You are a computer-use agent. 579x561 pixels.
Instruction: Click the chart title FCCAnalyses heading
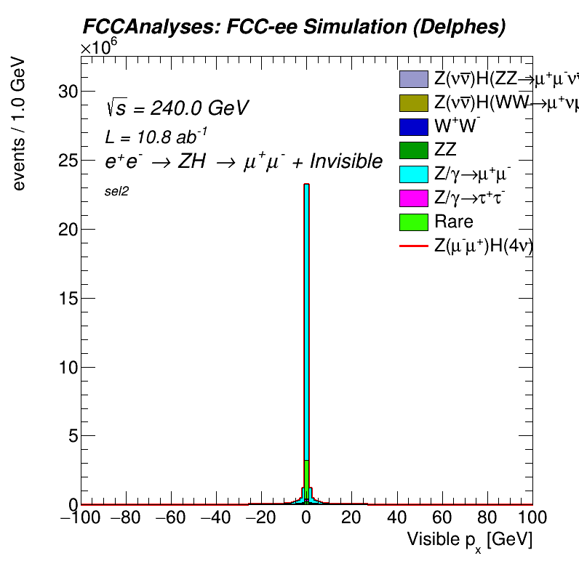pos(293,28)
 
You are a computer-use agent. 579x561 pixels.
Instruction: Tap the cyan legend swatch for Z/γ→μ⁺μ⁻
pos(413,175)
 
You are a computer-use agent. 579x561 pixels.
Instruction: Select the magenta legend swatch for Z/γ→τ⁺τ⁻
pos(413,198)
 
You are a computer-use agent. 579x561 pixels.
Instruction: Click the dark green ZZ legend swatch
pos(413,151)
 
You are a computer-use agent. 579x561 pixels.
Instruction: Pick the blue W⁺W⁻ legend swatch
pos(413,127)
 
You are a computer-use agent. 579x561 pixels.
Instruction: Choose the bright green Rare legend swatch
pos(413,222)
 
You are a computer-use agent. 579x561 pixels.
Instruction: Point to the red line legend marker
pos(413,246)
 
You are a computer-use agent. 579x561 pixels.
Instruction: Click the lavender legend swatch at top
pos(413,79)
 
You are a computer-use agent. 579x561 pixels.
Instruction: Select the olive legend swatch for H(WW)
pos(413,103)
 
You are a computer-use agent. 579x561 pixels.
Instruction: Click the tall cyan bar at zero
pos(307,327)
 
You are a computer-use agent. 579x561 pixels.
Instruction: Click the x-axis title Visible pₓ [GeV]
pos(469,540)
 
